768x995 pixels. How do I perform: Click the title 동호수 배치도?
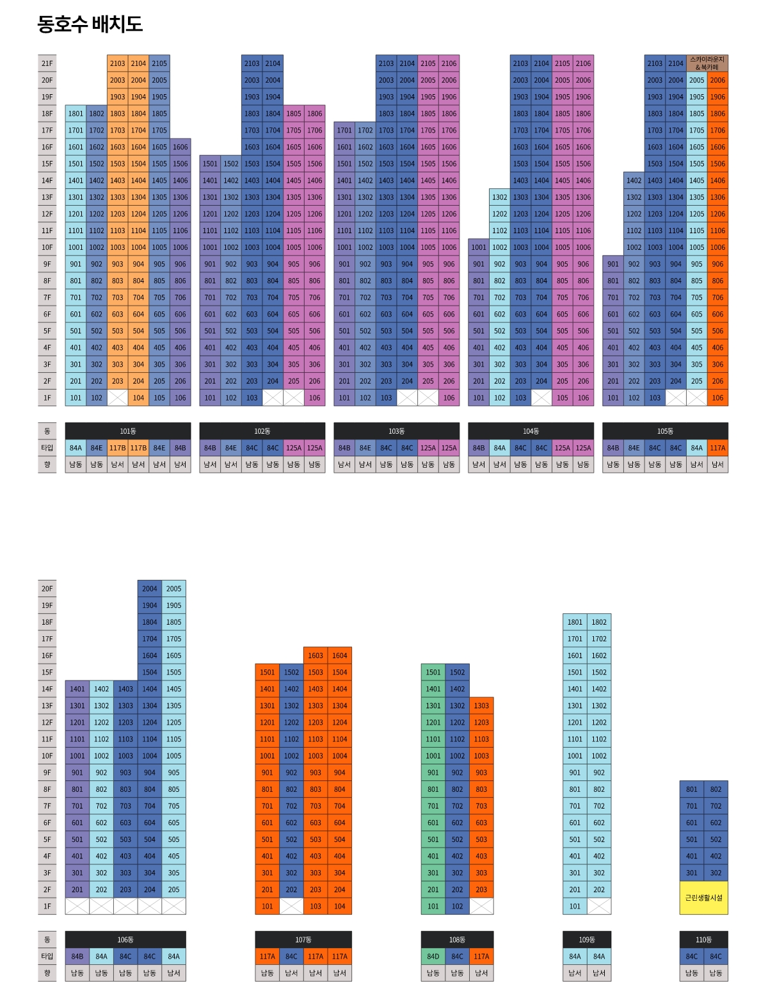coord(90,24)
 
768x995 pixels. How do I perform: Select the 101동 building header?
coord(128,431)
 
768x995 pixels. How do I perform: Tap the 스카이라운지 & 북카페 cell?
coord(707,63)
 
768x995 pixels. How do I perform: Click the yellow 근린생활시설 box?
coord(703,898)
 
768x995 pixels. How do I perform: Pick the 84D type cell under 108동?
coord(433,957)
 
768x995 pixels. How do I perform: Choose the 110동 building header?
coord(703,939)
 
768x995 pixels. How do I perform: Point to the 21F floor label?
coord(47,63)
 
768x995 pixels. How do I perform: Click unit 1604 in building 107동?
coord(340,655)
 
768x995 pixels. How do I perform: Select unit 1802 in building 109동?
coord(599,622)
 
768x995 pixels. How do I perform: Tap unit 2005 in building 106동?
coord(174,589)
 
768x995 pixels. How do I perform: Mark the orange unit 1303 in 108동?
coord(481,705)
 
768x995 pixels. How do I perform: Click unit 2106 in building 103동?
coord(449,63)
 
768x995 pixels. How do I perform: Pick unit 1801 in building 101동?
coord(76,113)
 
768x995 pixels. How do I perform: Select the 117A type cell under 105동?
coord(717,448)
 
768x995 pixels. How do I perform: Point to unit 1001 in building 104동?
coord(479,247)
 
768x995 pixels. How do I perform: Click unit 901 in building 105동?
coord(613,264)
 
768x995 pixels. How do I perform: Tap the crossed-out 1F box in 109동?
coord(599,906)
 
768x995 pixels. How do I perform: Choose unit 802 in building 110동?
coord(716,789)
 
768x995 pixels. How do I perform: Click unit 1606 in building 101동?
coord(180,147)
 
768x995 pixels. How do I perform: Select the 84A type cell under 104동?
coord(500,448)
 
